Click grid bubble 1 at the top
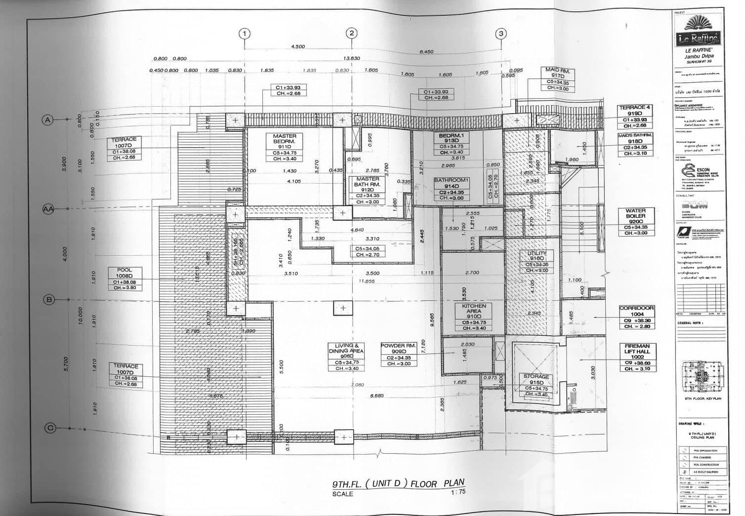coord(244,34)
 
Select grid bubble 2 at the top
coord(352,33)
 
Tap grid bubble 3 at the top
coord(501,34)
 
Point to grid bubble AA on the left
coord(48,209)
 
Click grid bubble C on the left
coord(49,428)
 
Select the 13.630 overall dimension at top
coord(351,58)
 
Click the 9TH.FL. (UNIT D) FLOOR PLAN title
coord(398,483)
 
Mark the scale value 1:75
coord(458,492)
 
